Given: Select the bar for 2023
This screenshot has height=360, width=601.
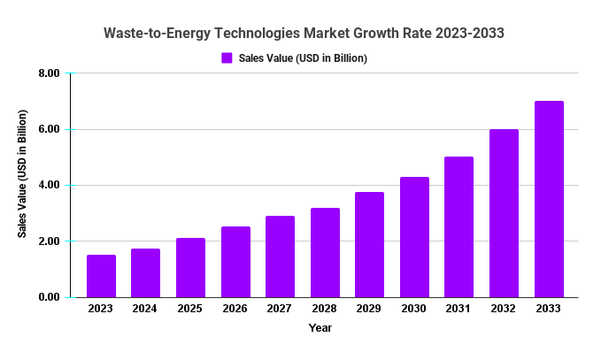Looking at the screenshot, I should (101, 276).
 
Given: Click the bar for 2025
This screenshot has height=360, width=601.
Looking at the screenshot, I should (190, 268).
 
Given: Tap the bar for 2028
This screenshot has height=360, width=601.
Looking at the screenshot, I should (325, 253).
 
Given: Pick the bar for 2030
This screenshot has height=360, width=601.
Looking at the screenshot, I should (414, 237).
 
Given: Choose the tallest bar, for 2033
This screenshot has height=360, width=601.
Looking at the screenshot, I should (549, 199).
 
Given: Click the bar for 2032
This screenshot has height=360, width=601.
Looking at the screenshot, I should (504, 213).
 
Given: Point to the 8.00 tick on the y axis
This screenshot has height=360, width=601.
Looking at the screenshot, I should (48, 73).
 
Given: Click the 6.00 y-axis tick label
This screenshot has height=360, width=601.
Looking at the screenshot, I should (48, 130).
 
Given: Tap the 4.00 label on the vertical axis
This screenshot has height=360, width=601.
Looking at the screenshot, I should (48, 186).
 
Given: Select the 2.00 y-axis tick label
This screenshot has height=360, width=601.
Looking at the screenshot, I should (48, 241).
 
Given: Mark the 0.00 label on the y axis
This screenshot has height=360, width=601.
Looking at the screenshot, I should (48, 298).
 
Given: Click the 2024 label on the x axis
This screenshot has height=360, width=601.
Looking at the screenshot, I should (146, 309).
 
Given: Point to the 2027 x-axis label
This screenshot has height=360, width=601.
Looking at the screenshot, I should (280, 309).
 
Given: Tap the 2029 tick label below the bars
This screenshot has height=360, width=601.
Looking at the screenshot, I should (369, 309).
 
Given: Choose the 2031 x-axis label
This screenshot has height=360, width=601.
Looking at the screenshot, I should (459, 309).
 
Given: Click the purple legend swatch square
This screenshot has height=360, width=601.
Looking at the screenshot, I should (227, 58).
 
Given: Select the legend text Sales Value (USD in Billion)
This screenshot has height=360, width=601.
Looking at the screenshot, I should (303, 58).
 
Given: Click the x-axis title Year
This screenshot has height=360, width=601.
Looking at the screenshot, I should (320, 328).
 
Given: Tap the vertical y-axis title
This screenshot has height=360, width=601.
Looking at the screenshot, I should (23, 173).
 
